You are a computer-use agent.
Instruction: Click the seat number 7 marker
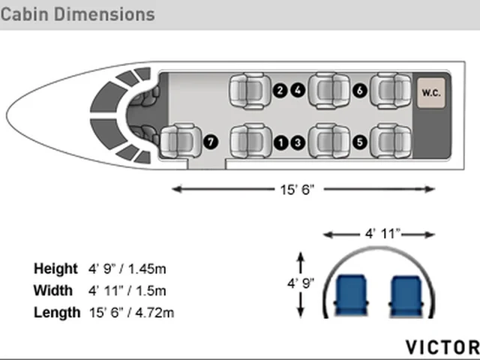211,142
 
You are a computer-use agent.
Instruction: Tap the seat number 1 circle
280,142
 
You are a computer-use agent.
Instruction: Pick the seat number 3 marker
298,142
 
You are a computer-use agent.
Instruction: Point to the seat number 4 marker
298,90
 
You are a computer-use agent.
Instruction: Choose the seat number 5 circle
360,142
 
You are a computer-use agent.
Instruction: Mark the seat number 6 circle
360,91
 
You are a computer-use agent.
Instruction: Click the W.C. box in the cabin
431,93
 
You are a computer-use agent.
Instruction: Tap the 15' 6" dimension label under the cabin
297,190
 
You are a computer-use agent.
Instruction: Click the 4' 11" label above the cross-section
382,234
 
